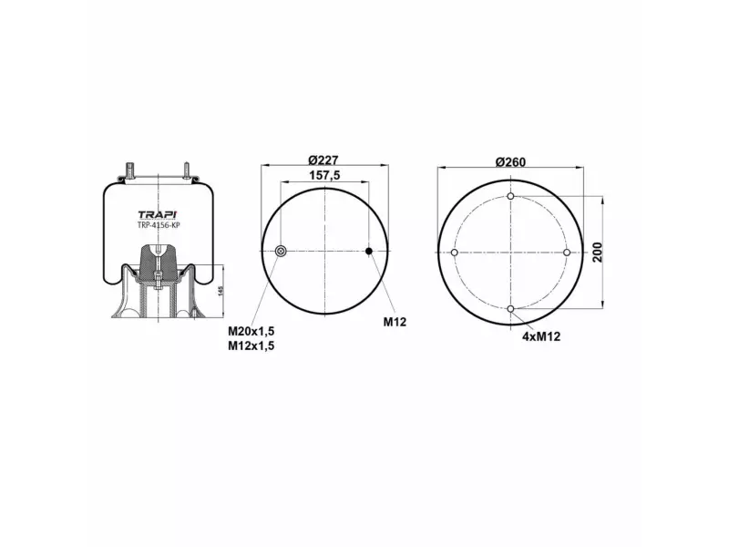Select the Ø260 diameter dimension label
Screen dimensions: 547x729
click(x=510, y=161)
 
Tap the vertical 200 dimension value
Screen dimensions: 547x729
click(x=599, y=253)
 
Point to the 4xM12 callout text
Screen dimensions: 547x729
click(x=541, y=336)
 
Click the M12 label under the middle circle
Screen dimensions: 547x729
click(x=394, y=323)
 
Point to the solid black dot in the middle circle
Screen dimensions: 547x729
click(x=369, y=252)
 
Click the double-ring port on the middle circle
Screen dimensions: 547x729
click(x=281, y=252)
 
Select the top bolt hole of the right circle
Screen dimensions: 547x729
click(x=510, y=197)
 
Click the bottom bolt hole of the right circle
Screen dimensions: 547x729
click(x=510, y=309)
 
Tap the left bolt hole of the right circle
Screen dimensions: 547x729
click(x=455, y=253)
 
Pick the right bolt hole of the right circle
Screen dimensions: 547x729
click(x=566, y=253)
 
